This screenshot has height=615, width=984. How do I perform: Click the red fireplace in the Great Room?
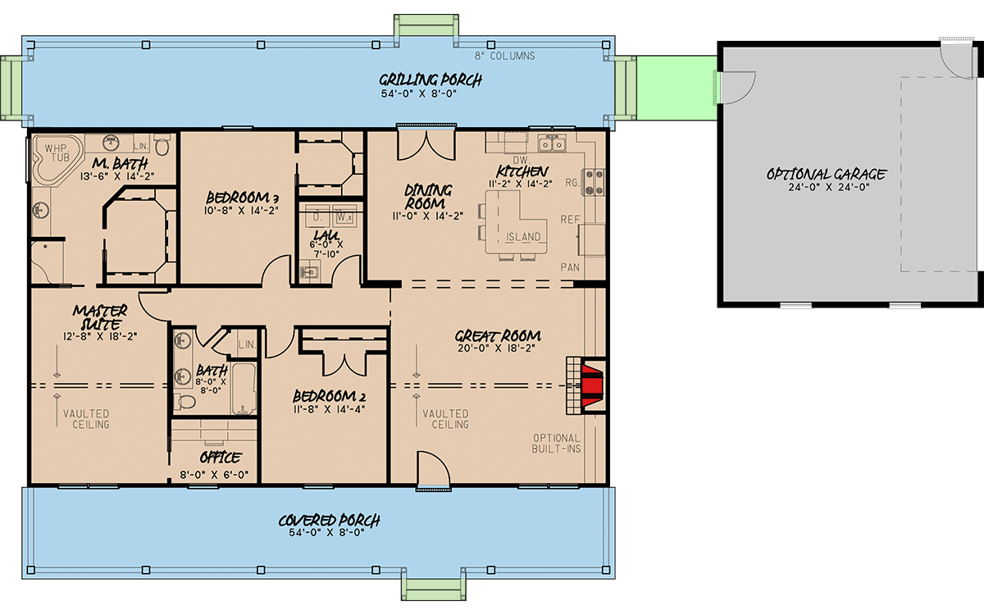(x=592, y=385)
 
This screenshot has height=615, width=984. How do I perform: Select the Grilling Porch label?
(x=430, y=80)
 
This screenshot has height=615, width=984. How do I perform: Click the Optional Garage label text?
(x=827, y=174)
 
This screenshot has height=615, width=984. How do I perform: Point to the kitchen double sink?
(x=552, y=143)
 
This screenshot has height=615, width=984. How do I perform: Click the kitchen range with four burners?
(x=594, y=182)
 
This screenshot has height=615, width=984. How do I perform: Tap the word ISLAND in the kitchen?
(x=523, y=237)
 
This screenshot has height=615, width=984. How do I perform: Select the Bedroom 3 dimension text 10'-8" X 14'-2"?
(x=241, y=211)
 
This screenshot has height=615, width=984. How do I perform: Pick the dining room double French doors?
(x=426, y=145)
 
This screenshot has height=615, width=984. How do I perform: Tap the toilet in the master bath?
(x=162, y=144)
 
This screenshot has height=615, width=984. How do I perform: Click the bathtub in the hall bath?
(x=244, y=389)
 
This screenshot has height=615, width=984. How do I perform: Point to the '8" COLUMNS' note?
(x=505, y=57)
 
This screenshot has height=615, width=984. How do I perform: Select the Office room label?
(x=221, y=458)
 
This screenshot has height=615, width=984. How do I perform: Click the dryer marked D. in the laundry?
(x=317, y=216)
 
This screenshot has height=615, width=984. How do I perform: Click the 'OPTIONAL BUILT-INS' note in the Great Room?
(x=556, y=444)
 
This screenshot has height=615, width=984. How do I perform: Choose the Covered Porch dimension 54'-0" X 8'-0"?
(x=327, y=533)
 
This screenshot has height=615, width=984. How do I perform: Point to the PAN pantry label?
(x=570, y=267)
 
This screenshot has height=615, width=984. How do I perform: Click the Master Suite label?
(x=100, y=317)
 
